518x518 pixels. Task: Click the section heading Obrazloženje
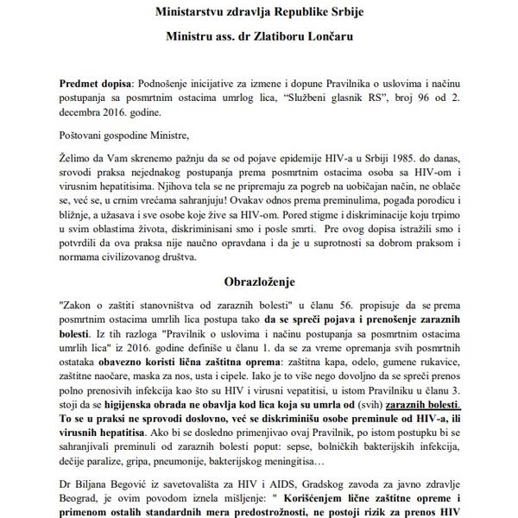[259, 281]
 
